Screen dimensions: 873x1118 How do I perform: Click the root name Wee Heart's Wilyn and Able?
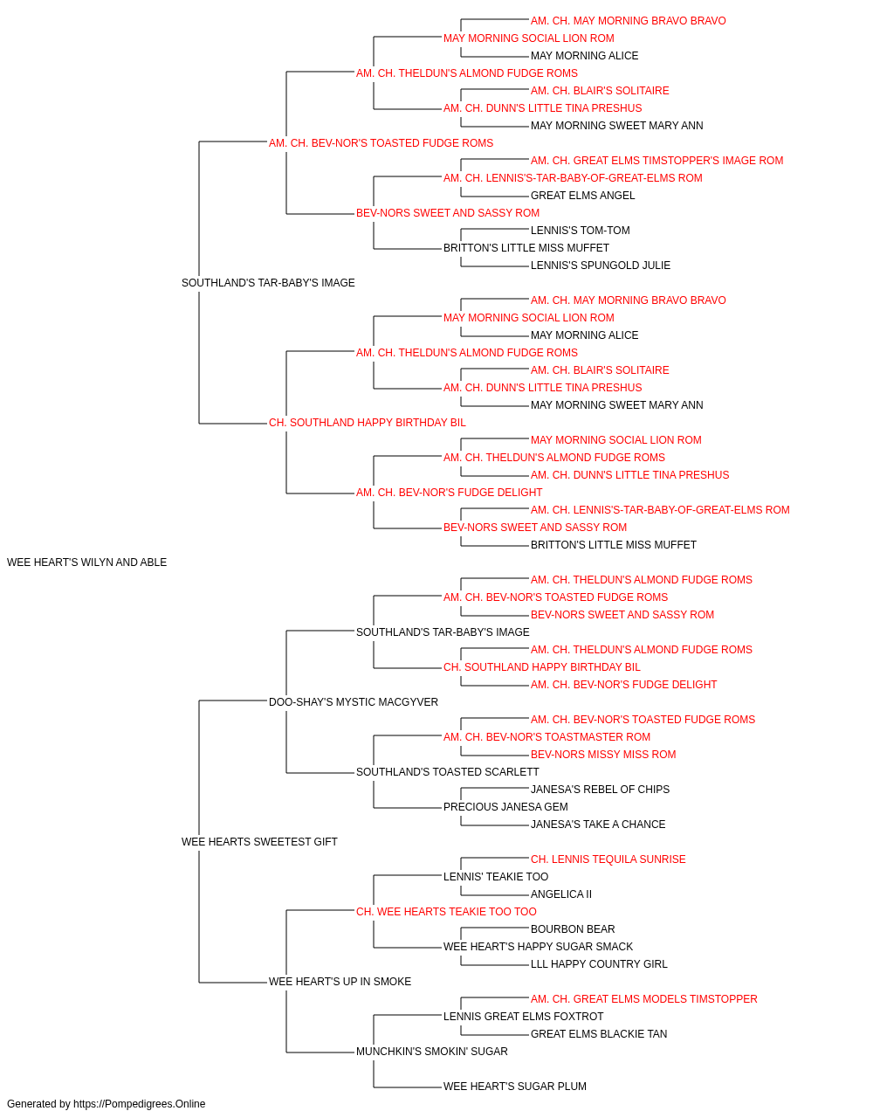click(x=87, y=562)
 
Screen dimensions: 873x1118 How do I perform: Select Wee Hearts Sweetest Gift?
click(x=259, y=842)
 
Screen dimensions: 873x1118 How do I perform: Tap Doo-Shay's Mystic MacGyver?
click(x=354, y=701)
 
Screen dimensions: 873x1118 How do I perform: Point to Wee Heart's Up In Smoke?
click(x=340, y=981)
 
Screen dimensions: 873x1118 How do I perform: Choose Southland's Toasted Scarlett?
click(x=447, y=772)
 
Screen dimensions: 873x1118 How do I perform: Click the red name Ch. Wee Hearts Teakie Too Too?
click(x=446, y=912)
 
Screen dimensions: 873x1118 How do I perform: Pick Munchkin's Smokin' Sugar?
click(x=432, y=1051)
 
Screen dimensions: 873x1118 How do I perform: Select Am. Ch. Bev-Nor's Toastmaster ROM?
click(x=546, y=737)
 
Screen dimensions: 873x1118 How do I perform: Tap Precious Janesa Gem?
click(x=505, y=807)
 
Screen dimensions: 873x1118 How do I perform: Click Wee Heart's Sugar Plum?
click(x=515, y=1086)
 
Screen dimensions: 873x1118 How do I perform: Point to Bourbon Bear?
click(x=573, y=929)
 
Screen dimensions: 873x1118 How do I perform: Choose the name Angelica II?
click(x=561, y=894)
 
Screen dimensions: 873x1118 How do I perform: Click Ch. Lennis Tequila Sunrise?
click(x=608, y=859)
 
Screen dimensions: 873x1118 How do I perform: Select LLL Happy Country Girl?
click(x=599, y=964)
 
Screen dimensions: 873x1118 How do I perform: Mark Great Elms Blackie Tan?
click(x=599, y=1033)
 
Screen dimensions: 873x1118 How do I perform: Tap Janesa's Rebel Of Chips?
click(x=600, y=790)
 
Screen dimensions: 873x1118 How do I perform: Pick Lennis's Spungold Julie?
click(x=601, y=266)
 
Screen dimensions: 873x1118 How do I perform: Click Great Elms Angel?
click(x=582, y=196)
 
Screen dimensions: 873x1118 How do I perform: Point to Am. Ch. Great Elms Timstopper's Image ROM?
click(x=657, y=161)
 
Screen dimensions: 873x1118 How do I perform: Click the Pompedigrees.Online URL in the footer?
click(x=140, y=1104)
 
